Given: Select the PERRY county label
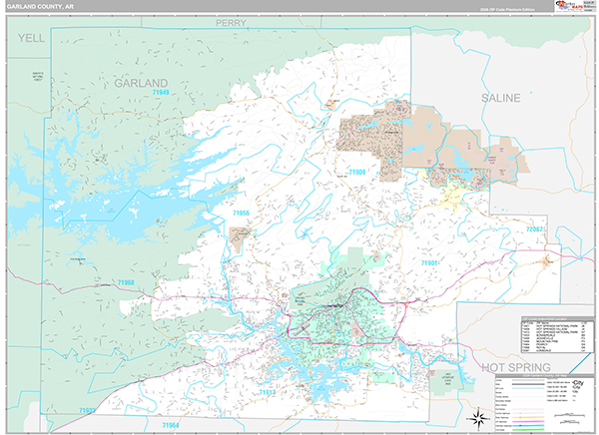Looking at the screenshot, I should pos(231,21).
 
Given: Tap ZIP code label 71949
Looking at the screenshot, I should pos(161,93).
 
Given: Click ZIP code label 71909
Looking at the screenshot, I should pos(357,173).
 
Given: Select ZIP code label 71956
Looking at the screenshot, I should pos(242,213).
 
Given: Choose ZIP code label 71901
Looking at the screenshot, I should pos(431,261).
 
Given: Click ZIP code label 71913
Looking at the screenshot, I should pos(268,392).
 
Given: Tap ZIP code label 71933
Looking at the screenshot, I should pos(88,410).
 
